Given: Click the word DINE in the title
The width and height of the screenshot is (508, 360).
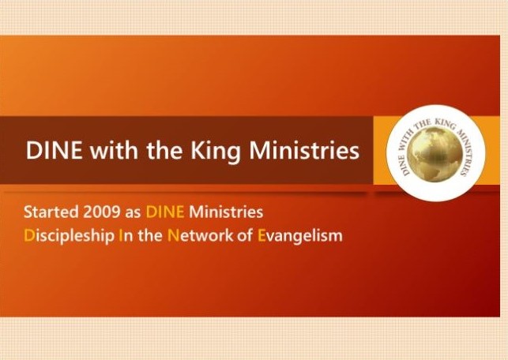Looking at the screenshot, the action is tap(54, 150).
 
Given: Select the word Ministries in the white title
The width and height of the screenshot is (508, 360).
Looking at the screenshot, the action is tap(304, 150).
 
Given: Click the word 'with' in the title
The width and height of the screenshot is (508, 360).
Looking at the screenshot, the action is tap(114, 150).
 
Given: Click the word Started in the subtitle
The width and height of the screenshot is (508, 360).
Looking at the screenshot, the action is tap(51, 212).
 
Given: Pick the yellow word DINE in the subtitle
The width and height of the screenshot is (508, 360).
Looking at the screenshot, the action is tap(165, 212).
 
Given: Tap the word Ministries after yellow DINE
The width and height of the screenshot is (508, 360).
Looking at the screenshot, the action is tap(226, 212).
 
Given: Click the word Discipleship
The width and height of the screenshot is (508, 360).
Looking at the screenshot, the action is tap(69, 236).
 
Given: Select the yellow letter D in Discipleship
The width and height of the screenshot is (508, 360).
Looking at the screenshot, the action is tap(28, 236).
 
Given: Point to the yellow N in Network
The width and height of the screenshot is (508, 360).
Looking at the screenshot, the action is tap(173, 236).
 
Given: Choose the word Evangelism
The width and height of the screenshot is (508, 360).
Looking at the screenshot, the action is tap(299, 236).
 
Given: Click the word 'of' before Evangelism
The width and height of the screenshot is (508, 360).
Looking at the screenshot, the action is tap(245, 236).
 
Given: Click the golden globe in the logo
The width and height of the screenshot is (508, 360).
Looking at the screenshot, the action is tap(435, 154).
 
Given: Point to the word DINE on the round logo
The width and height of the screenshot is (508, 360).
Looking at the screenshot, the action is tap(404, 165).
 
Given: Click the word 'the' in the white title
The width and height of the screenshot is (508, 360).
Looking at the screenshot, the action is tap(164, 150).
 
